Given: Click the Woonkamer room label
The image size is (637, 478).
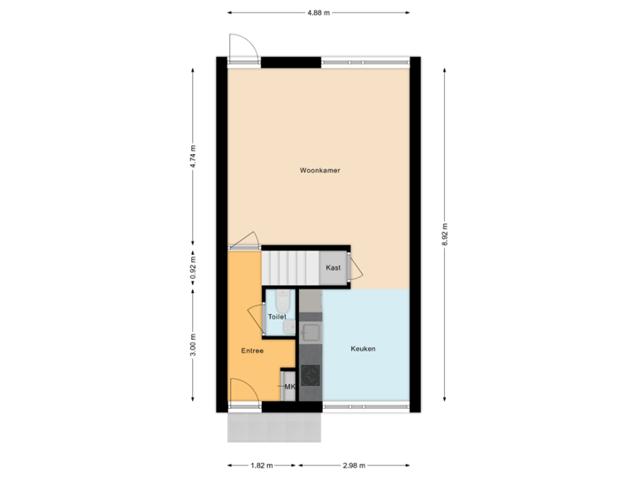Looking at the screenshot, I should click(x=319, y=170).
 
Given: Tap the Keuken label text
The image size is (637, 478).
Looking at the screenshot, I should click(x=363, y=349).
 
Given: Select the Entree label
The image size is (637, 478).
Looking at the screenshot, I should click(x=252, y=351).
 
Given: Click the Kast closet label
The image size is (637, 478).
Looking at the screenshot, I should click(x=333, y=268).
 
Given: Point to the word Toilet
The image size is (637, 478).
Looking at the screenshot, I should click(x=277, y=316).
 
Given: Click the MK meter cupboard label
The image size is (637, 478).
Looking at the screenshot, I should click(x=288, y=387).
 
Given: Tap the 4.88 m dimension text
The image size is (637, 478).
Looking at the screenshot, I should click(x=318, y=12).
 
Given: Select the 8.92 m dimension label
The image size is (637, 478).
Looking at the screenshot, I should click(x=445, y=235).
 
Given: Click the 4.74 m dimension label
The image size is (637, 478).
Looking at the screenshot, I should click(x=193, y=157).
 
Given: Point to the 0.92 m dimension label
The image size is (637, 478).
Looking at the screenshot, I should click(x=193, y=267).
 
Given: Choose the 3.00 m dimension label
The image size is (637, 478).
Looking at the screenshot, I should click(x=193, y=344).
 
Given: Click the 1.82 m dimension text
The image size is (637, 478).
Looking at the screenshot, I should click(x=261, y=465).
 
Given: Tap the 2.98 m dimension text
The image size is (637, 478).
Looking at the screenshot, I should click(x=354, y=465).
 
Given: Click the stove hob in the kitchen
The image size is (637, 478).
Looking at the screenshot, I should click(x=311, y=375).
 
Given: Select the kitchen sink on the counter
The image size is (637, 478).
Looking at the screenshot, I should click(x=311, y=333).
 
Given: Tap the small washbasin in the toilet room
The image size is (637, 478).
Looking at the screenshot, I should click(x=290, y=328).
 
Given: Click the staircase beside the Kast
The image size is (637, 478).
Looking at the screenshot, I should click(x=289, y=266).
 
